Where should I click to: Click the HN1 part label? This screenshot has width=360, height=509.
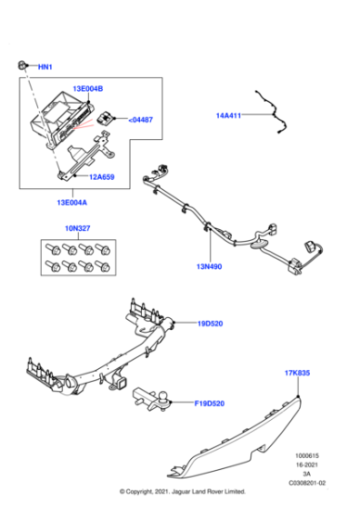click(x=45, y=67)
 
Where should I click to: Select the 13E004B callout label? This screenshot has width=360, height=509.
click(x=88, y=89)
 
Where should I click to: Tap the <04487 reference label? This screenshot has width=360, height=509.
click(x=140, y=119)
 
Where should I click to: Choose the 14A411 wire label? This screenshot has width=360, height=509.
click(x=229, y=116)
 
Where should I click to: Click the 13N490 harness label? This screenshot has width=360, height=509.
click(x=210, y=266)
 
